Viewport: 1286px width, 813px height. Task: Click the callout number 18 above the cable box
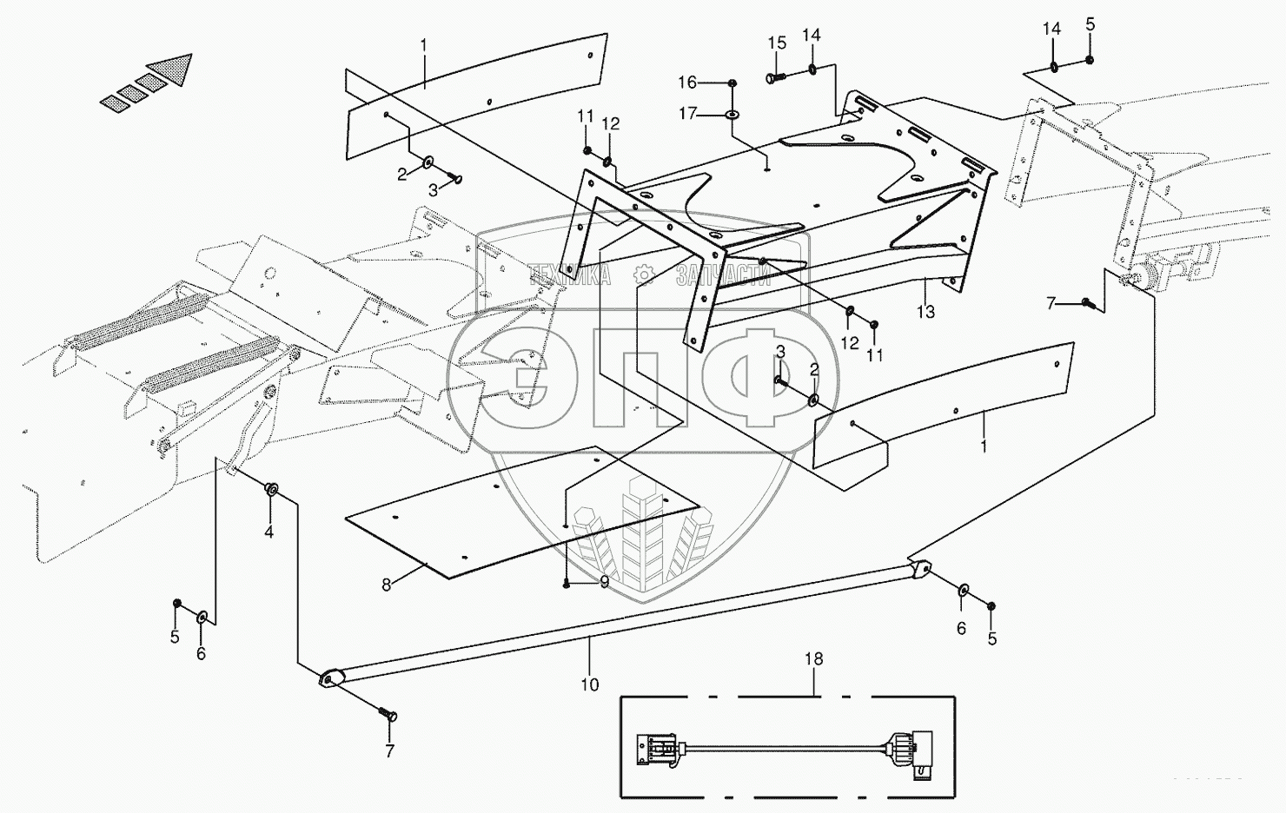(814, 659)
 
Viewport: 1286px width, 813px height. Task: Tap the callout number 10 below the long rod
(589, 684)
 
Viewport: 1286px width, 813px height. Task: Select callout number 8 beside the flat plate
(386, 585)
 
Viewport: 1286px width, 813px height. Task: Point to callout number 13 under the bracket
(925, 312)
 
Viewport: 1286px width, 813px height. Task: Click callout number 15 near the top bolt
(777, 43)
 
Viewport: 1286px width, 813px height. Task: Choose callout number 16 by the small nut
(687, 83)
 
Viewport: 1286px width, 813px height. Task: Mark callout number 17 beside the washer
(688, 114)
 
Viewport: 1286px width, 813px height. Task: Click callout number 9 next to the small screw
(604, 583)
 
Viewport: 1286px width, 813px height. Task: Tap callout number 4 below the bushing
(268, 532)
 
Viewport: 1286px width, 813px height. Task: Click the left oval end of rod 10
(328, 677)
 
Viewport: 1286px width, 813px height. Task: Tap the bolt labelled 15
(773, 78)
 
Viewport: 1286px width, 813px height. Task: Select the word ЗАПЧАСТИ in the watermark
(723, 276)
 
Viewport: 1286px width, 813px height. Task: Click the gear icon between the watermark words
(644, 275)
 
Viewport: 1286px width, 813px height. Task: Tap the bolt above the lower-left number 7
(387, 715)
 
